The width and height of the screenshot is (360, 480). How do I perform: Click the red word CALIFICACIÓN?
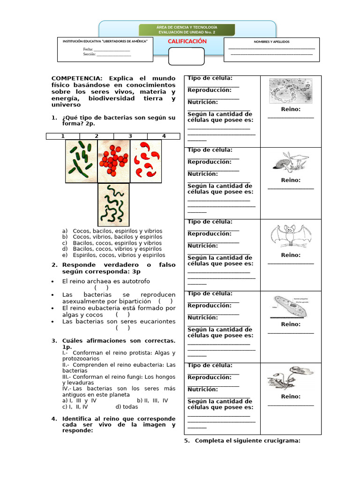coord(187,41)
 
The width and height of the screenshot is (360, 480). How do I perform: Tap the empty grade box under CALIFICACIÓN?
coord(186,56)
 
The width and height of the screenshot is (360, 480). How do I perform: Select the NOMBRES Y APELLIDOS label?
coord(271,42)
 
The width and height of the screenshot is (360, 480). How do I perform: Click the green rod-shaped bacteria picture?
coord(81,161)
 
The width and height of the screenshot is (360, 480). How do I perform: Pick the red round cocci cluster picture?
coord(113,161)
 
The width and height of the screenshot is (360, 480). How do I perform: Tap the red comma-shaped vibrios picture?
coord(146,161)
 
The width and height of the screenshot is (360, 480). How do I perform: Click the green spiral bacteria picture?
coord(113,205)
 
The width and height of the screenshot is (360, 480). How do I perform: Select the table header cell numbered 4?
coord(164,136)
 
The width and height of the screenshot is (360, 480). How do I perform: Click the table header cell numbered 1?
coord(63,136)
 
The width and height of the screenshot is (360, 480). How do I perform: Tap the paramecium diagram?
coord(291,307)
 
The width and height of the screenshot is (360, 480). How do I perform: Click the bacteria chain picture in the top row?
coord(291,90)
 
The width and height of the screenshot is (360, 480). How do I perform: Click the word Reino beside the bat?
coord(291,255)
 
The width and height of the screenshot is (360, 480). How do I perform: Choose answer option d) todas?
coord(127,407)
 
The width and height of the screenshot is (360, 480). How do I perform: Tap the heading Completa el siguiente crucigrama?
coord(247,441)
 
